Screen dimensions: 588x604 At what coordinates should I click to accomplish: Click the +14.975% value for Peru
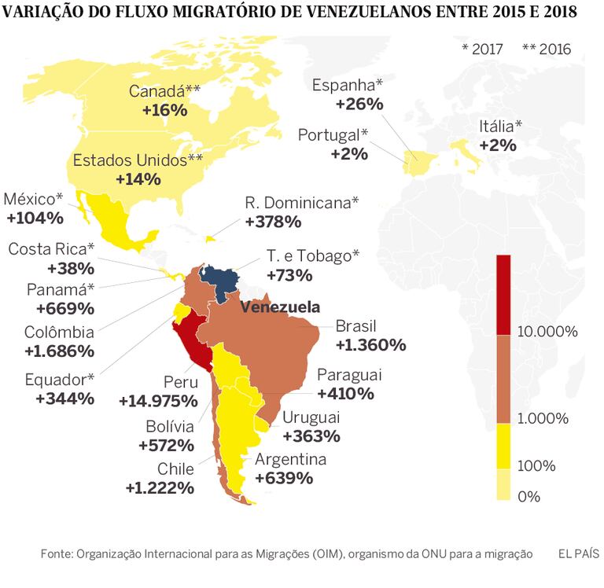[158, 401]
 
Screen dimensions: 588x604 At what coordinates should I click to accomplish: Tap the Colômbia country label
[58, 333]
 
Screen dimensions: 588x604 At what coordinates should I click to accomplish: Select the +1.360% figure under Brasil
[370, 344]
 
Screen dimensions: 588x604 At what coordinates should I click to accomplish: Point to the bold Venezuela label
[280, 307]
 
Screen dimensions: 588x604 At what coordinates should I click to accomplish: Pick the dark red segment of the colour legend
[504, 294]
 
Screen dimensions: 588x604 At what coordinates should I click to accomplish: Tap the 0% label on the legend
[529, 495]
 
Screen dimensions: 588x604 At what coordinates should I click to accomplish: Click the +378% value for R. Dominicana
[273, 221]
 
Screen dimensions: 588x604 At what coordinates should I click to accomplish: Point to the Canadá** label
[164, 91]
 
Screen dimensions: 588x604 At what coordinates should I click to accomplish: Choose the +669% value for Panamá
[59, 307]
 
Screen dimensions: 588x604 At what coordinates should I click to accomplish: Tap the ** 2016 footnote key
[546, 49]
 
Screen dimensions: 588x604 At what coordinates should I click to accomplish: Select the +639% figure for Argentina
[283, 478]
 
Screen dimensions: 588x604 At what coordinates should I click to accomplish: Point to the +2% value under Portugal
[349, 154]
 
